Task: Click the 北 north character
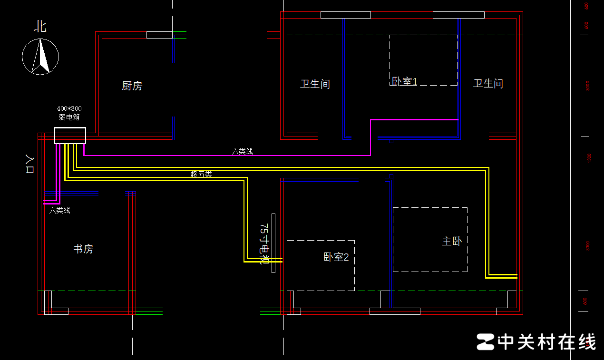click(x=40, y=26)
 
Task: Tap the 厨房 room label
click(x=132, y=86)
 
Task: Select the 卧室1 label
click(x=404, y=82)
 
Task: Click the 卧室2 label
click(x=336, y=257)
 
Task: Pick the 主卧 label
click(x=452, y=242)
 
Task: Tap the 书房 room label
click(x=83, y=249)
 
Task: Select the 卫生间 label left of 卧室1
click(x=315, y=84)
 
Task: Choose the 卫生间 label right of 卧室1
click(x=488, y=84)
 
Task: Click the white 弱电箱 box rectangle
click(x=70, y=136)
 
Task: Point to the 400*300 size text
click(x=69, y=108)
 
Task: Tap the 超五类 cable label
click(x=201, y=174)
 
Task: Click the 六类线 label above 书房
click(x=60, y=210)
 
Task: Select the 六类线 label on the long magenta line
click(x=243, y=151)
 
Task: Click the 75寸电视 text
click(x=264, y=243)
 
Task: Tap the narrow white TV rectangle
click(x=273, y=243)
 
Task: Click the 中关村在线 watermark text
click(x=546, y=341)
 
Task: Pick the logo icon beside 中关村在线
click(x=486, y=341)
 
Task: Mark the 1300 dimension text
click(x=588, y=158)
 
